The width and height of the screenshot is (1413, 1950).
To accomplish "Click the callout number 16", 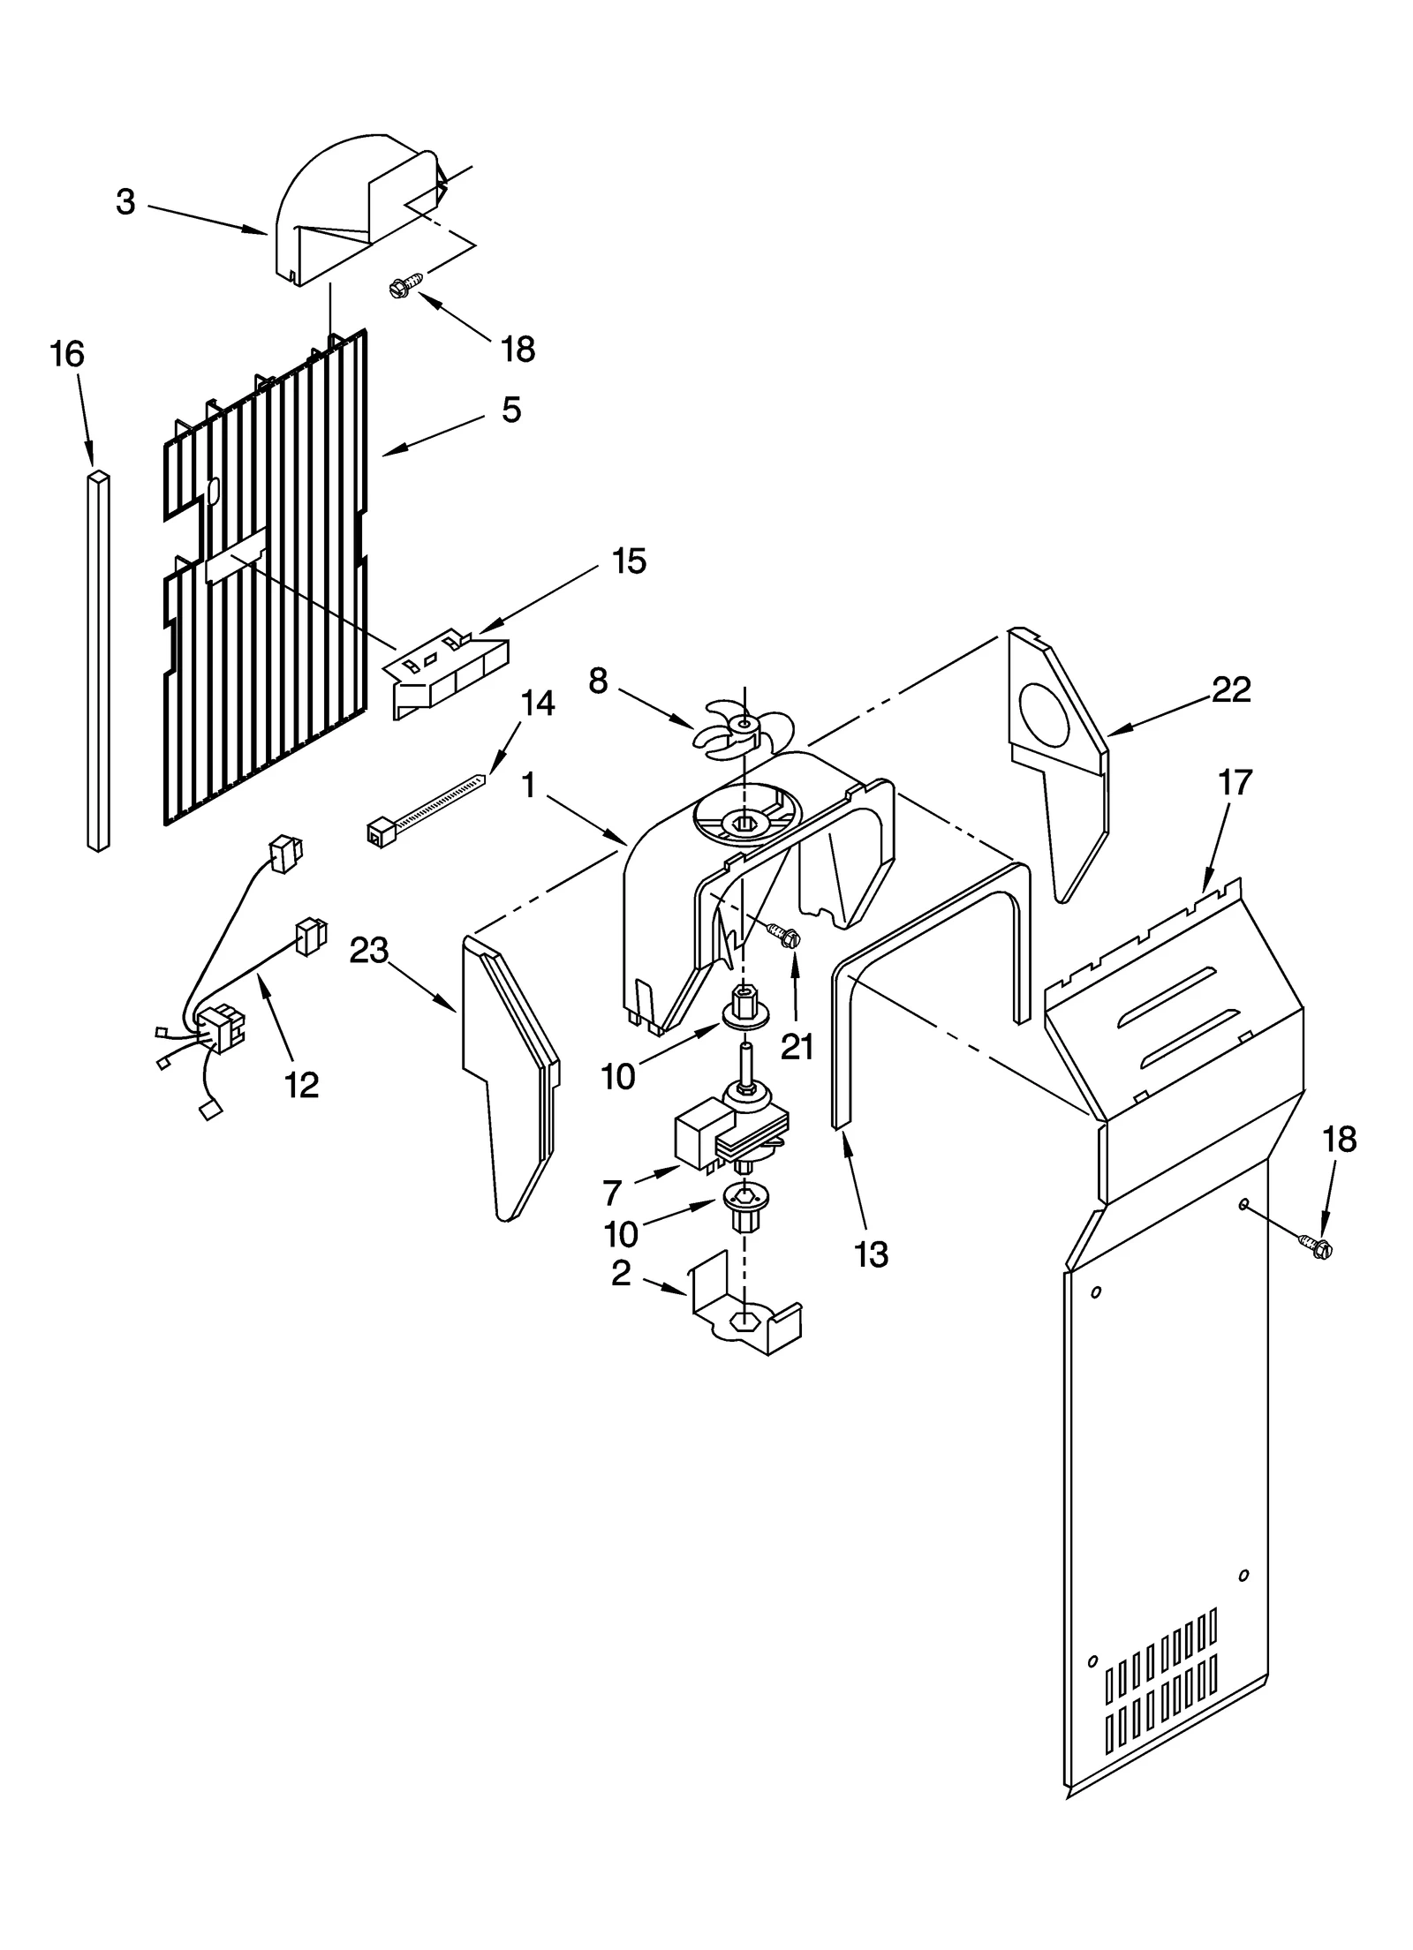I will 67,354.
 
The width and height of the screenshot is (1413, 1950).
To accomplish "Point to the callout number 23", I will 368,951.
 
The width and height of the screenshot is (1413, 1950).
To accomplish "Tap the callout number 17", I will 1235,782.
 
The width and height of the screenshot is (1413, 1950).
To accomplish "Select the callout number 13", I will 871,1254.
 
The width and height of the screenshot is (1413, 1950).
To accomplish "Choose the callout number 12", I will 301,1085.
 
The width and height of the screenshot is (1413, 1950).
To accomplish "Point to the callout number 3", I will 125,202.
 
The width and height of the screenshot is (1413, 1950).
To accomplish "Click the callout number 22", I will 1231,689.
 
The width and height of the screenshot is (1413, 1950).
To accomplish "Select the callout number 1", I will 529,785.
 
